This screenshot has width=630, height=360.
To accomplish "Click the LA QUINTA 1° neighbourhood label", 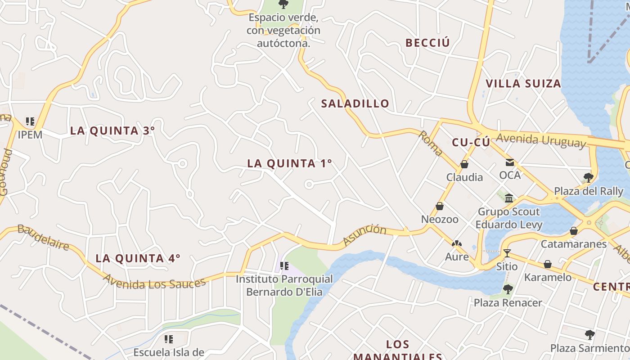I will click(x=289, y=163).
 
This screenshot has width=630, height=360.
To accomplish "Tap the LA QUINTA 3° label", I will click(x=112, y=131).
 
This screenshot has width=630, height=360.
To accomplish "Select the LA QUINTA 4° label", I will click(x=138, y=258).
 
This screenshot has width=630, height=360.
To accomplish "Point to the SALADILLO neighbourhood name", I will click(x=355, y=103).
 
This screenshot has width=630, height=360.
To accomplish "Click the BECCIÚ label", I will click(x=427, y=43).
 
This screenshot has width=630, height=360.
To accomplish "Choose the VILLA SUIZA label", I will click(x=523, y=84).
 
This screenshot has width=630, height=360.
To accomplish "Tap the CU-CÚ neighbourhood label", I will click(x=471, y=143).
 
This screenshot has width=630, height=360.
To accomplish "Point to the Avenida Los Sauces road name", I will click(x=154, y=282).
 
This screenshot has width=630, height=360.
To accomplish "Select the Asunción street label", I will click(x=364, y=235).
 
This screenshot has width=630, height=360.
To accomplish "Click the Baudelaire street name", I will click(x=43, y=237).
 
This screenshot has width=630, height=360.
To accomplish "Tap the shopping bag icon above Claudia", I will click(x=464, y=164).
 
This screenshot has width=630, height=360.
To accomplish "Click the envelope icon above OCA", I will click(x=510, y=162).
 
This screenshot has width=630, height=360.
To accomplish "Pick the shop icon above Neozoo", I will click(x=440, y=206).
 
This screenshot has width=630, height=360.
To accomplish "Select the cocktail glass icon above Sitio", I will click(x=507, y=253).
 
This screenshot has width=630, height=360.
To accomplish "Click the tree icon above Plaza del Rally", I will click(x=588, y=177).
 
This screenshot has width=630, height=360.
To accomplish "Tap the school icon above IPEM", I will click(x=30, y=121).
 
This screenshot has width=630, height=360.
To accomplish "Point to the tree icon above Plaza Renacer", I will click(x=508, y=289).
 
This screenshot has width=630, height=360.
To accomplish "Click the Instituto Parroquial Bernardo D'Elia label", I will click(x=284, y=285).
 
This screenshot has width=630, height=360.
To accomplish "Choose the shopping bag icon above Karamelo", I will click(x=548, y=264).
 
